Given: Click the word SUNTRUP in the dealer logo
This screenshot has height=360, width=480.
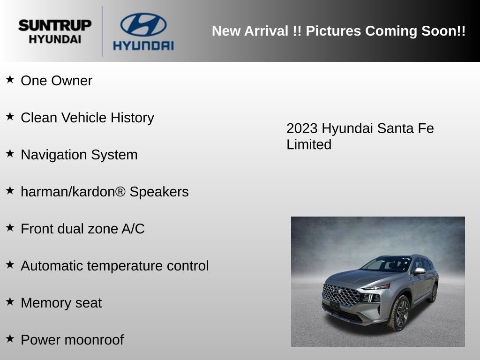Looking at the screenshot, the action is (55, 25).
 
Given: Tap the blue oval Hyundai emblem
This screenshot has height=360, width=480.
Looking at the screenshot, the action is (143, 24).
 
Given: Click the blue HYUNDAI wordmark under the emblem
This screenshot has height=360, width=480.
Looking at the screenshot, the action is (143, 46).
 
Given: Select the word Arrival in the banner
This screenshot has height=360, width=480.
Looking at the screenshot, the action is (266, 31).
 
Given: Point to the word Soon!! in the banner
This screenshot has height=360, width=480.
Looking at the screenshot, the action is (443, 31).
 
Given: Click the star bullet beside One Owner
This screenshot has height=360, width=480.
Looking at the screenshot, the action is (10, 79).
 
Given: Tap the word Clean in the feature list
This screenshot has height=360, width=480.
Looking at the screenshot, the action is (39, 118).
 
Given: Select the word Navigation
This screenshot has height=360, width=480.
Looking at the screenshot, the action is (54, 155).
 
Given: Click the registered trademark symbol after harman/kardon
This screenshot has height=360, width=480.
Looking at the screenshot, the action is (120, 191).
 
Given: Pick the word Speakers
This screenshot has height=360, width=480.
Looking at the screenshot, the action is (159, 192).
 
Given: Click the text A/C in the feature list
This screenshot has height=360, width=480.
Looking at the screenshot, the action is (133, 229).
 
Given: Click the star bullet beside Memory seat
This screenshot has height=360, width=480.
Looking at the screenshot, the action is (10, 301).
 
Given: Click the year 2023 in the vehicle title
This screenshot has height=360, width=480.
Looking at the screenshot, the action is (302, 128).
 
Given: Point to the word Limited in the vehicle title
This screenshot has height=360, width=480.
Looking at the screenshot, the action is (309, 144).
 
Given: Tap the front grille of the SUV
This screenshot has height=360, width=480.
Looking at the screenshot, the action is (341, 295).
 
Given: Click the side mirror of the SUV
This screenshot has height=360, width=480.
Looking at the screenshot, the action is (420, 271).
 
